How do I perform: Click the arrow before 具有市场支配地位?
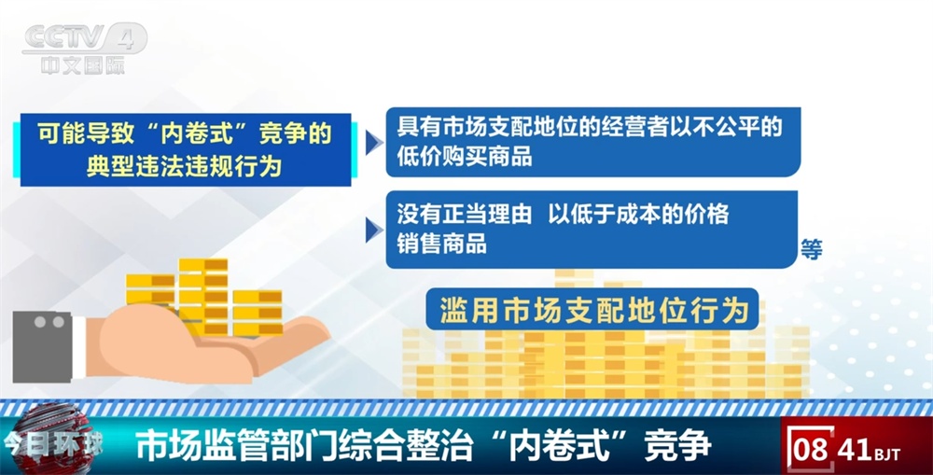pyautogui.click(x=374, y=143)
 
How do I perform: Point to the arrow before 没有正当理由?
pyautogui.click(x=374, y=229)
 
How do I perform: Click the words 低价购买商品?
pyautogui.click(x=465, y=157)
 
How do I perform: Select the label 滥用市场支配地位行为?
pyautogui.click(x=593, y=309)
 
